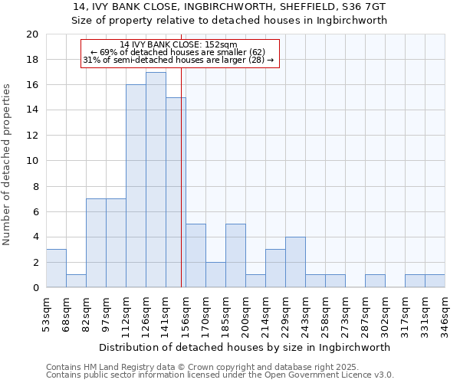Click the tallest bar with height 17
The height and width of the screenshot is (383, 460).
pyautogui.click(x=156, y=180)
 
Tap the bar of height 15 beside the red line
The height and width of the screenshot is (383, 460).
pyautogui.click(x=175, y=192)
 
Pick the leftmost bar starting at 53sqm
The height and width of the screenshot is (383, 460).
pyautogui.click(x=56, y=268)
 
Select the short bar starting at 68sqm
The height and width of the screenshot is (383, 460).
pyautogui.click(x=76, y=281)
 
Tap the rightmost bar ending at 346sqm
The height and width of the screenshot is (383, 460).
pyautogui.click(x=435, y=281)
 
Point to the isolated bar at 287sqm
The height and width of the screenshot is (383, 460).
pyautogui.click(x=375, y=281)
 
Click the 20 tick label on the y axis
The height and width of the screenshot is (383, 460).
pyautogui.click(x=31, y=34)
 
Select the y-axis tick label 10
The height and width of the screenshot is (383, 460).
pyautogui.click(x=31, y=161)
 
